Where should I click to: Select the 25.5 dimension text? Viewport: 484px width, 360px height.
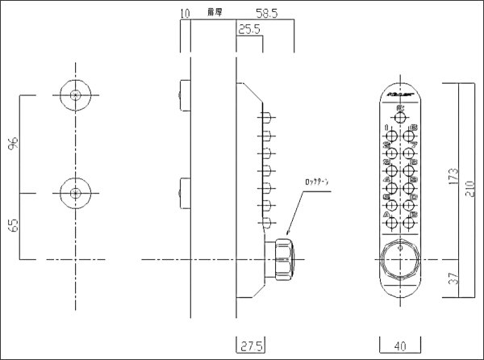249,30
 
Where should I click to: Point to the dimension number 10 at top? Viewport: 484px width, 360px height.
186,14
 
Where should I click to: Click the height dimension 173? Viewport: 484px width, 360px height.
454,175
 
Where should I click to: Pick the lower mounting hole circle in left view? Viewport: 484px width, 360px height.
75,193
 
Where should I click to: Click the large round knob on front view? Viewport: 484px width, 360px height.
398,259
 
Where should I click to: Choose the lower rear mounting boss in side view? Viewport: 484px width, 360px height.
185,193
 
